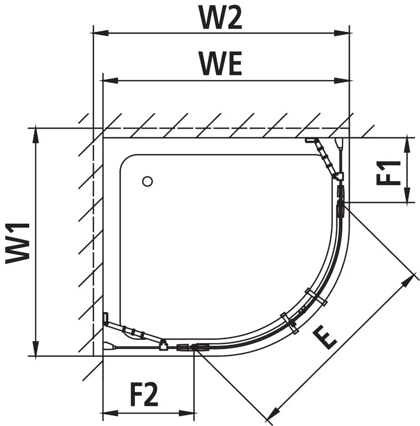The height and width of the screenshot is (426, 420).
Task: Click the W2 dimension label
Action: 220,17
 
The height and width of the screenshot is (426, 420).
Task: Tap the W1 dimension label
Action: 17,243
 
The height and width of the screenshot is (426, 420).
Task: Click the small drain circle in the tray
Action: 147,181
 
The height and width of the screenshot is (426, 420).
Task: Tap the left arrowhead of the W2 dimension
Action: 101,33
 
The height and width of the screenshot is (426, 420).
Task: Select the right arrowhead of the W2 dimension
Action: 342,33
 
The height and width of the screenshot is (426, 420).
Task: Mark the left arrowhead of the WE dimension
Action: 110,80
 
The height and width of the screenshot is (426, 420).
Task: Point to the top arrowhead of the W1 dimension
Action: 35,135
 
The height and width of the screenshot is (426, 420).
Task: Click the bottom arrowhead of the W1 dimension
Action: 35,348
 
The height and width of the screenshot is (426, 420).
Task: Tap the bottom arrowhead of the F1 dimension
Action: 407,195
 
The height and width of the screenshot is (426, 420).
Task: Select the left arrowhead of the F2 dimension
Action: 110,413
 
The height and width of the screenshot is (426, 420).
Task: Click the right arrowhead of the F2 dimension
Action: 187,413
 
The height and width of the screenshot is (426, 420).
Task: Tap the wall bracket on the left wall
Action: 106,317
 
